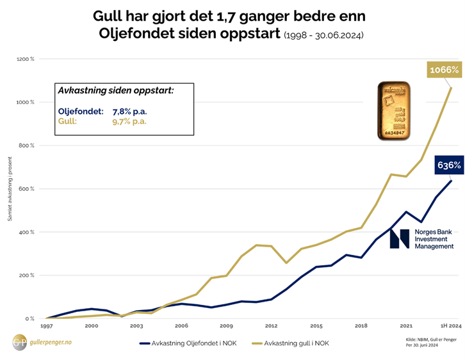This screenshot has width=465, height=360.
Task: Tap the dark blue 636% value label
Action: pos(449,165)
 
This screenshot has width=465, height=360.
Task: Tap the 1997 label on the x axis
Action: pos(47,326)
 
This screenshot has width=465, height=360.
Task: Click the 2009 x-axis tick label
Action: pos(225,326)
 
